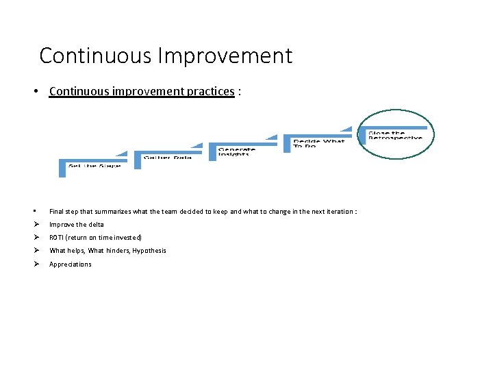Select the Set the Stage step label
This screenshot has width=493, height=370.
tap(94, 166)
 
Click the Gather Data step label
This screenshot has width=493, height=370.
tap(167, 158)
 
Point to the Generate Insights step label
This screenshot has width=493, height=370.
tap(236, 151)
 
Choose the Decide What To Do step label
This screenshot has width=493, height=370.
tap(318, 143)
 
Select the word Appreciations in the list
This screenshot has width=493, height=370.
tap(70, 264)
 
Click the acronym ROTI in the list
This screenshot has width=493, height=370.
tap(57, 238)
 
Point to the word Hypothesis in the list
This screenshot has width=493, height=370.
tap(150, 251)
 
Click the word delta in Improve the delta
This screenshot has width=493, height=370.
tap(96, 225)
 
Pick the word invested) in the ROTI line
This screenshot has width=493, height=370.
tap(129, 238)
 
